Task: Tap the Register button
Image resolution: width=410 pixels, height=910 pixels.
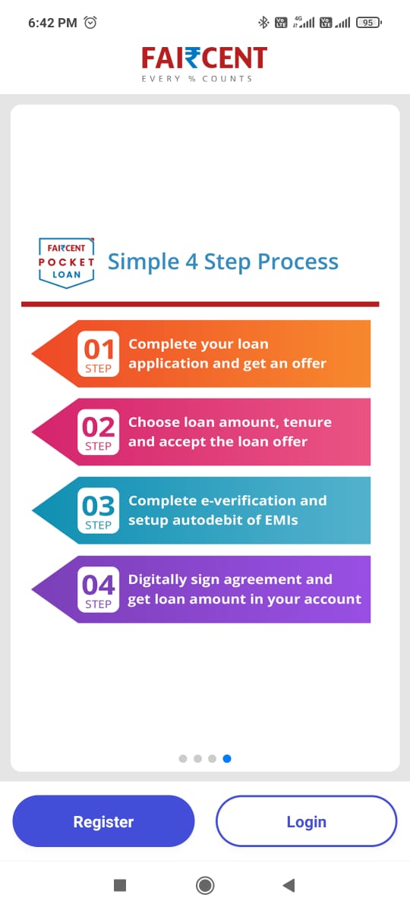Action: tap(103, 821)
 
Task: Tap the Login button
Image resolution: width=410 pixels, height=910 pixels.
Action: tap(306, 821)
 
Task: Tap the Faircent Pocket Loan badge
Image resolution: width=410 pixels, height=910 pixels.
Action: tap(66, 262)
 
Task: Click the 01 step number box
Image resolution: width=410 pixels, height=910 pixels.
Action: tap(98, 353)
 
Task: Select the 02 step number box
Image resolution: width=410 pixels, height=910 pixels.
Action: tap(98, 431)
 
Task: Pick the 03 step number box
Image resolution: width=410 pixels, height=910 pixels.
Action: tap(98, 510)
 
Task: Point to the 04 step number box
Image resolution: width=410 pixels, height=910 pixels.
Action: tap(98, 589)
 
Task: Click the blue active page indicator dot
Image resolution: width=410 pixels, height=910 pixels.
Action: tap(227, 758)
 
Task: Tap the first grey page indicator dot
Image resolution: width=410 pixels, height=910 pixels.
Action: tap(183, 758)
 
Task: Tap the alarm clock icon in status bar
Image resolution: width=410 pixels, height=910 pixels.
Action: tap(90, 22)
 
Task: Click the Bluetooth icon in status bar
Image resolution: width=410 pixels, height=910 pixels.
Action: tap(263, 22)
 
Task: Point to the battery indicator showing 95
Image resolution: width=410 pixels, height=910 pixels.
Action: tap(368, 22)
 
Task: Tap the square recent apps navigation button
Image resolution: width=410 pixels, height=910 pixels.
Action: tap(120, 885)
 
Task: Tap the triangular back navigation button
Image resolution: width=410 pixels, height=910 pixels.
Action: tap(289, 885)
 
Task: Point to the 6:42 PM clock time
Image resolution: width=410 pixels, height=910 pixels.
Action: tap(52, 23)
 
